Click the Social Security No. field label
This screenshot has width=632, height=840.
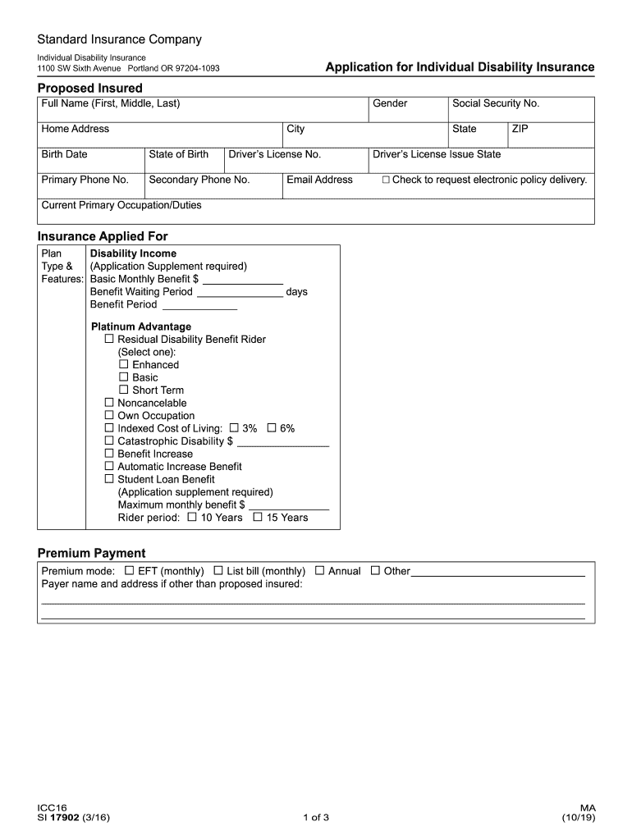coord(496,103)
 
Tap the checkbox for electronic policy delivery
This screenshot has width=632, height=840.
coord(386,180)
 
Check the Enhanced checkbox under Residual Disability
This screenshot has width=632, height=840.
coord(124,364)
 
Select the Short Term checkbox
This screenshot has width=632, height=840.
coord(124,390)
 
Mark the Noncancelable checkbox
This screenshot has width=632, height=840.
coord(109,403)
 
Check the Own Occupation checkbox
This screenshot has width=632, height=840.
coord(109,415)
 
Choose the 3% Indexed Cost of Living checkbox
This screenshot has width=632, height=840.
coord(234,428)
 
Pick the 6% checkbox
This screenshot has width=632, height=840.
coord(271,428)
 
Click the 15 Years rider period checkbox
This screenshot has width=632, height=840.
coord(258,518)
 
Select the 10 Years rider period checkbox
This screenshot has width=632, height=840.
coord(192,518)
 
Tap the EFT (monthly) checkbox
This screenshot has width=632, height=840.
coord(129,570)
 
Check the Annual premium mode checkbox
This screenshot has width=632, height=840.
coord(319,570)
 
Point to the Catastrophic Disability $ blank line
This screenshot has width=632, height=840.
coord(282,442)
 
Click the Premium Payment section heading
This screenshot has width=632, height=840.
coord(91,553)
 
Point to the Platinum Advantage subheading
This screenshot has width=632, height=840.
coord(140,326)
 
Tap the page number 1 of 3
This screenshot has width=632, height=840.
coord(316,818)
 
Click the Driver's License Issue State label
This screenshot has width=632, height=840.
coord(437,154)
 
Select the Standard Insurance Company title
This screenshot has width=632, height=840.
coord(119,39)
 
